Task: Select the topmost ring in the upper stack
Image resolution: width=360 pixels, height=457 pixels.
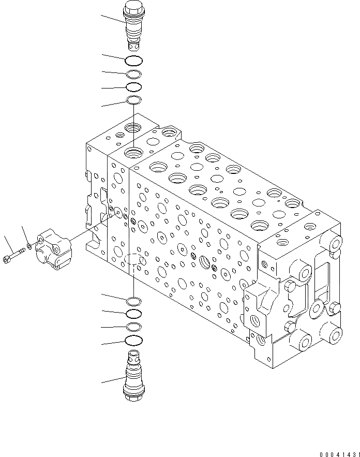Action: point(133,60)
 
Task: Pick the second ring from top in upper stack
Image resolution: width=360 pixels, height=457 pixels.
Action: point(133,73)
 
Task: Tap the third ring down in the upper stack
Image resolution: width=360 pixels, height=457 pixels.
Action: point(133,87)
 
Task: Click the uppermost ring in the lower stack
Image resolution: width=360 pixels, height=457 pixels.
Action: point(133,301)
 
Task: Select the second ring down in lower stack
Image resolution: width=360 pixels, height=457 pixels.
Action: point(133,314)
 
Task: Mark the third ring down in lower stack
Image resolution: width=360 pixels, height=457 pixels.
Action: point(133,327)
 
